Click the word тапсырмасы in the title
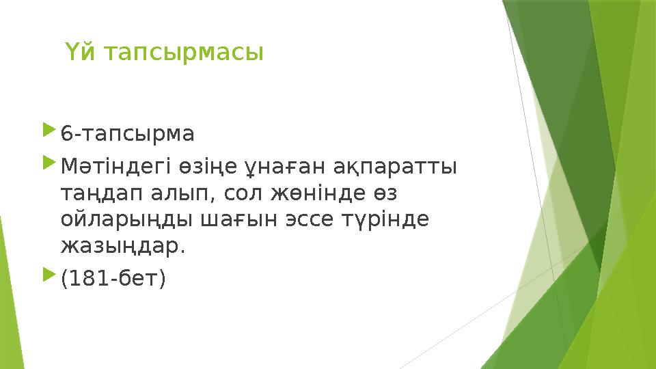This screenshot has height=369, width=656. [180, 53]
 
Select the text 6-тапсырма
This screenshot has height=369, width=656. [128, 133]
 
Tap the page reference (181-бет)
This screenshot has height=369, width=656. [113, 278]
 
